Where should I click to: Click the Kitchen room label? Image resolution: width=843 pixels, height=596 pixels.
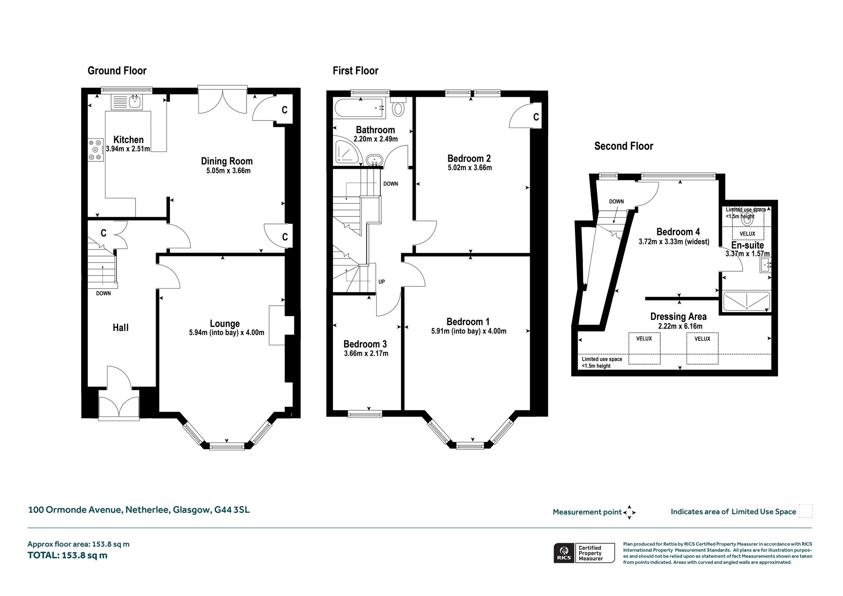pos(128,140)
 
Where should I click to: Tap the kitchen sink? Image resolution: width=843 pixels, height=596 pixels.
pos(134,101)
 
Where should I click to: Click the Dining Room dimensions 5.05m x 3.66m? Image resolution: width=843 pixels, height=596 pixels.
pos(228,170)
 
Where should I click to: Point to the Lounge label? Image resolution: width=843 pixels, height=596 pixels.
pos(225,324)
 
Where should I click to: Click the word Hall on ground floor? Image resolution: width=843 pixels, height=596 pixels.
pos(121,328)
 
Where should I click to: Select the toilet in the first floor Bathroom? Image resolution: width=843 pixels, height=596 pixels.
pos(398,107)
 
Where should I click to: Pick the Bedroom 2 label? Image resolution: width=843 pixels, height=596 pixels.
pos(469,158)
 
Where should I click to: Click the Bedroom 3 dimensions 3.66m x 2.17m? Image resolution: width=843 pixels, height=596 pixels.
pos(366,353)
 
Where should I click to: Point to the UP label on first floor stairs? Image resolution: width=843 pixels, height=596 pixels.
pos(382,282)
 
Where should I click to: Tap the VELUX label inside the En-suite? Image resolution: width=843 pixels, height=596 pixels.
pos(748,234)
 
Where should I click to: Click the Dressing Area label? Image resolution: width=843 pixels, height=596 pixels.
pos(678,317)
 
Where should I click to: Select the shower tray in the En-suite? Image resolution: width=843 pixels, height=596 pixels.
pos(747,301)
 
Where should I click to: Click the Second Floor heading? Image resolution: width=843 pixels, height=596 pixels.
pos(624,146)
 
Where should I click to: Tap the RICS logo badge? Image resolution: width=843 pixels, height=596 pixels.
pos(564,553)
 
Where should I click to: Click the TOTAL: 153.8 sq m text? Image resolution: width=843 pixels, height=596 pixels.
pos(68,555)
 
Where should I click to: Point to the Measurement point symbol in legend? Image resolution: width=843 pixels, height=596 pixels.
pos(629,512)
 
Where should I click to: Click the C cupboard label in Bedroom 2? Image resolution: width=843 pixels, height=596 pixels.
pos(536,117)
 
